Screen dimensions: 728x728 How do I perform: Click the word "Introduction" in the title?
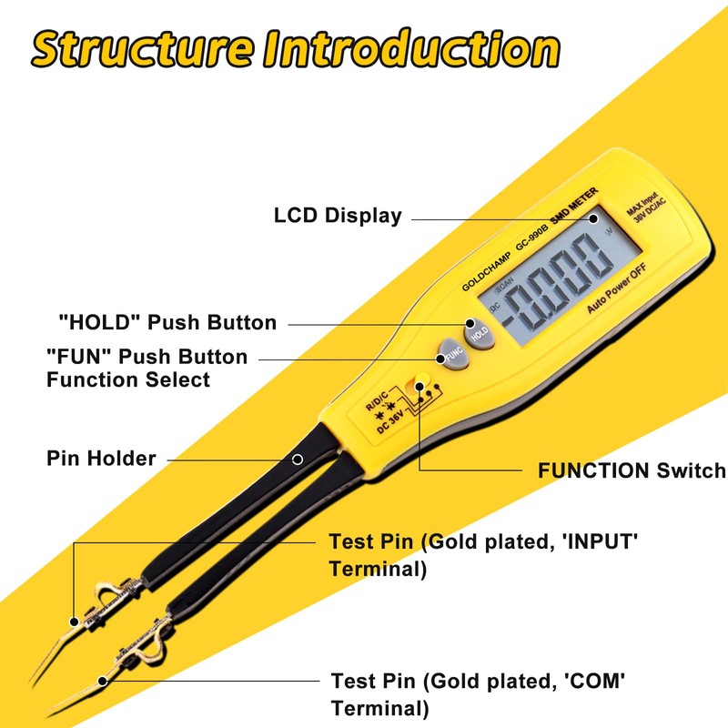point(410,49)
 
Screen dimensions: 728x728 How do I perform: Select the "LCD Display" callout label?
point(338,216)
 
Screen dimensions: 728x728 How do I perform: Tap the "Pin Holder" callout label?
point(101,457)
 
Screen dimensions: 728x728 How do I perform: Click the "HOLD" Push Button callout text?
point(167,322)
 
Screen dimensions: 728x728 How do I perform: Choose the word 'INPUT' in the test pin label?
point(601,542)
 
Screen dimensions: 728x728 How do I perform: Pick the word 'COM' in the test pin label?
point(598,681)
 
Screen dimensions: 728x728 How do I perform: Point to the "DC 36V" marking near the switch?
point(392,420)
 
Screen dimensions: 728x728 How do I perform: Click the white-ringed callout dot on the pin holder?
point(298,459)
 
